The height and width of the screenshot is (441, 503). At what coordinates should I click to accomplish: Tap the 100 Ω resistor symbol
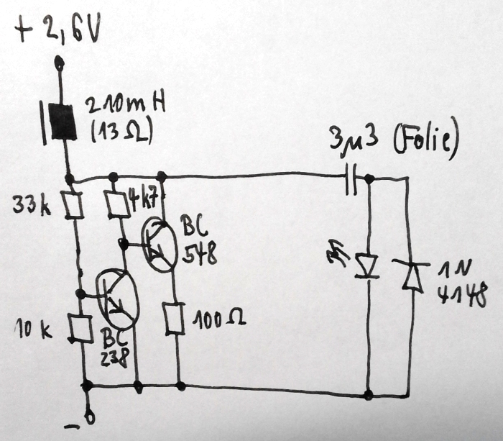point(173,318)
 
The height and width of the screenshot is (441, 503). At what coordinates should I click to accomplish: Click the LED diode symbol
point(368,265)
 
